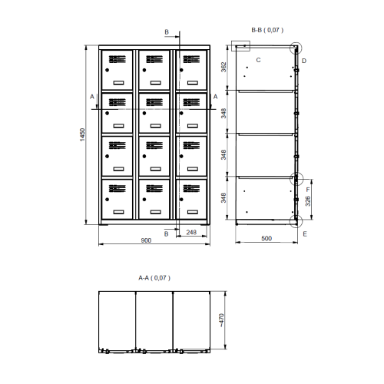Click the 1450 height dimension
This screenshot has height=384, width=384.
(x=82, y=134)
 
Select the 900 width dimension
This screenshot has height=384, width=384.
(x=146, y=240)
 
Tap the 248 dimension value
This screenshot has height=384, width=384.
(x=191, y=232)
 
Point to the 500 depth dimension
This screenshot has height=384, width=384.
(x=266, y=238)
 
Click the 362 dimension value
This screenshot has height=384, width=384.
(x=223, y=67)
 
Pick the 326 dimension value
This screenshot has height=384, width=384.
(x=308, y=201)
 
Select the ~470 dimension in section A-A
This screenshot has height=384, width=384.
(x=221, y=320)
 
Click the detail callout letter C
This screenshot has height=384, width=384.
(x=258, y=60)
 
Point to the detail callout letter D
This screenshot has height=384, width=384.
(x=304, y=61)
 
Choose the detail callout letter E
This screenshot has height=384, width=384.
(x=305, y=234)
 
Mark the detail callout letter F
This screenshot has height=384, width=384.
(x=308, y=190)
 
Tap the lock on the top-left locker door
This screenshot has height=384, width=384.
(x=107, y=70)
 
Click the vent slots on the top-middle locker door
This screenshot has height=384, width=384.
(x=154, y=59)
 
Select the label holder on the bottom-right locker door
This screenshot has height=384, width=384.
(x=193, y=212)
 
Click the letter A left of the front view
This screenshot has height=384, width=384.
(x=92, y=97)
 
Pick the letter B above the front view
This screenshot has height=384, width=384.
(x=167, y=32)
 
